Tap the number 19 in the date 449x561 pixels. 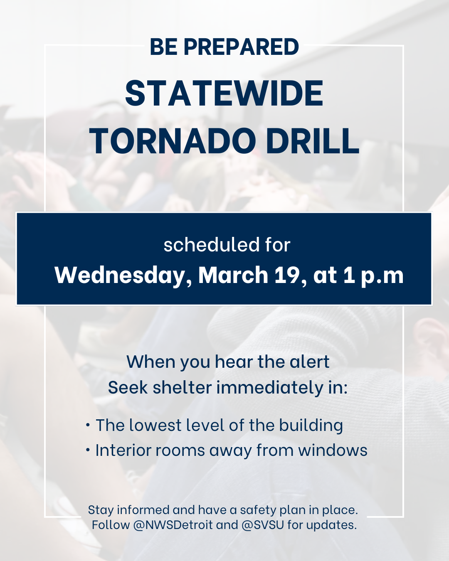click(290, 275)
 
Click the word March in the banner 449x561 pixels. click(233, 275)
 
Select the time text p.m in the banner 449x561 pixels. click(382, 277)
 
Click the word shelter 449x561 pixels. click(182, 387)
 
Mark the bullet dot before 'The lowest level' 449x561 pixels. click(88, 425)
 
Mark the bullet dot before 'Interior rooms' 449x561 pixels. click(88, 450)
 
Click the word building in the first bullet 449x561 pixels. click(311, 426)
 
